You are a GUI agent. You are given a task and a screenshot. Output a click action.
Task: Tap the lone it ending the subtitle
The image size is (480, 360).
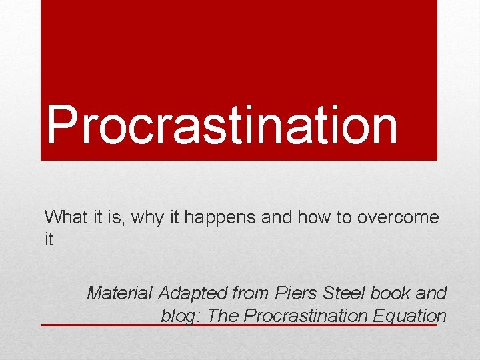click(49, 239)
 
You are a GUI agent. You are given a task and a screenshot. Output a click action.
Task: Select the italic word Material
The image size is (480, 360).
click(120, 293)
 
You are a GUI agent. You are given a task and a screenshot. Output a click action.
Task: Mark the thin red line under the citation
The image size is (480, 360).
click(100, 325)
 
